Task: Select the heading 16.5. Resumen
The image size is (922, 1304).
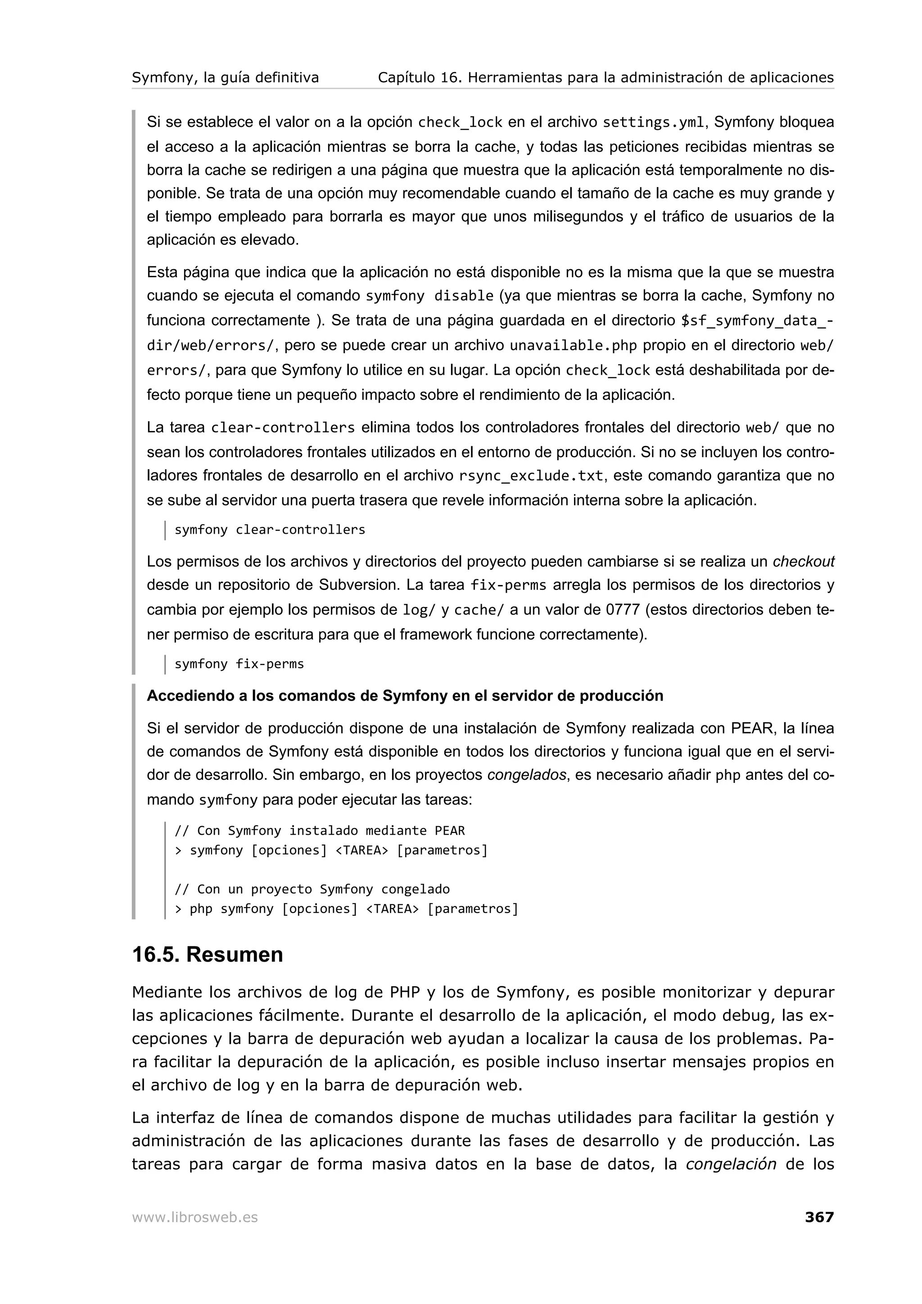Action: pyautogui.click(x=208, y=955)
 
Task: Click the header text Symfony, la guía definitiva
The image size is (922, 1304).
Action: pyautogui.click(x=225, y=77)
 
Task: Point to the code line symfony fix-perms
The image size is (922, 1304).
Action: pyautogui.click(x=239, y=664)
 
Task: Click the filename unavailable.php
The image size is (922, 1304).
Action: pyautogui.click(x=573, y=345)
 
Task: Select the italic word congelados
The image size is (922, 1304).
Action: pyautogui.click(x=527, y=775)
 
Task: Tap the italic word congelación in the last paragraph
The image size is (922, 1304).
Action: pyautogui.click(x=731, y=1165)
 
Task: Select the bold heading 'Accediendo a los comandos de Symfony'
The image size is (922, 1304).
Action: pyautogui.click(x=404, y=696)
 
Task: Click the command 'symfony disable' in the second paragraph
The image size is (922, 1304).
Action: pyautogui.click(x=429, y=297)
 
